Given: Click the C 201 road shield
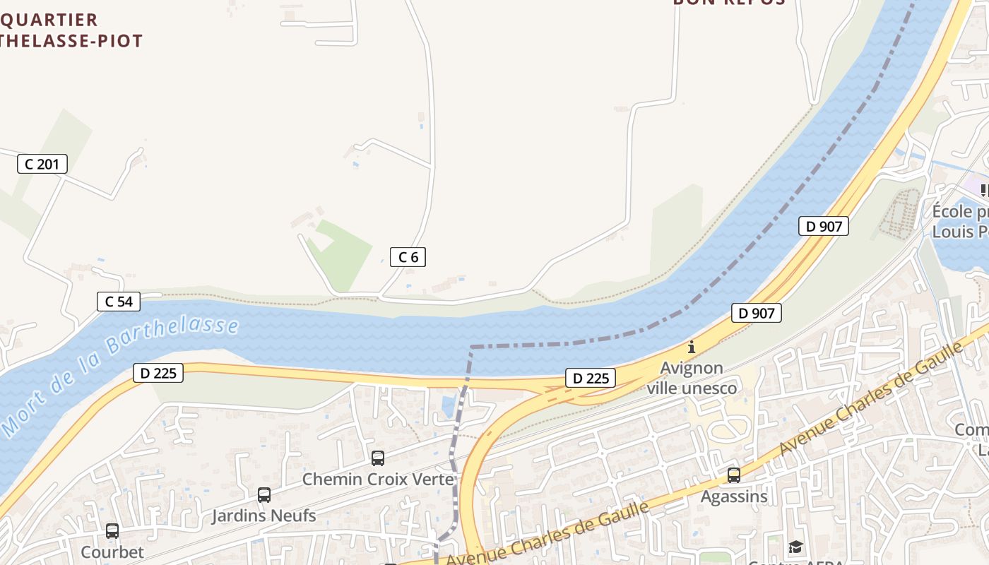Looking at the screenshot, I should (x=42, y=165).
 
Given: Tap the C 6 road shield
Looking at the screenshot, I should (x=408, y=257).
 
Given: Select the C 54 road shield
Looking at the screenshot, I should (x=119, y=302).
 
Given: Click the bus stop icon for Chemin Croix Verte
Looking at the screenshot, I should (x=378, y=458).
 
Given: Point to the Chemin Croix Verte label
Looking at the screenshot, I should (x=378, y=480).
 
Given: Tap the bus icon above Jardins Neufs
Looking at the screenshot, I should (x=264, y=495).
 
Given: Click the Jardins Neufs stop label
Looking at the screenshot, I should (x=264, y=516).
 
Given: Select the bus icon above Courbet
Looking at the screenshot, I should (x=112, y=531).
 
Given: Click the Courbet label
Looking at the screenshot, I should (x=112, y=552).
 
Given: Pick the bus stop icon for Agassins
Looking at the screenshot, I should (x=734, y=475).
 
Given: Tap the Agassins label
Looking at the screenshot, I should (x=734, y=496).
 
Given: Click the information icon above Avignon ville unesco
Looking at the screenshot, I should (x=692, y=347).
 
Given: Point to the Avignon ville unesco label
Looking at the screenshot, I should (x=692, y=379).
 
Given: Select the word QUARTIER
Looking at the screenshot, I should (x=49, y=20).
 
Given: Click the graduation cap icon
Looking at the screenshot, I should (x=796, y=547).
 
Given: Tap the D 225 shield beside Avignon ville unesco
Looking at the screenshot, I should (x=591, y=378).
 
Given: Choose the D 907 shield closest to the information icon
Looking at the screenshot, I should (x=757, y=313).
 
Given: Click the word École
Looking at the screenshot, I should (x=952, y=212).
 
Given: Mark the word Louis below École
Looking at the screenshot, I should (x=954, y=232).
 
